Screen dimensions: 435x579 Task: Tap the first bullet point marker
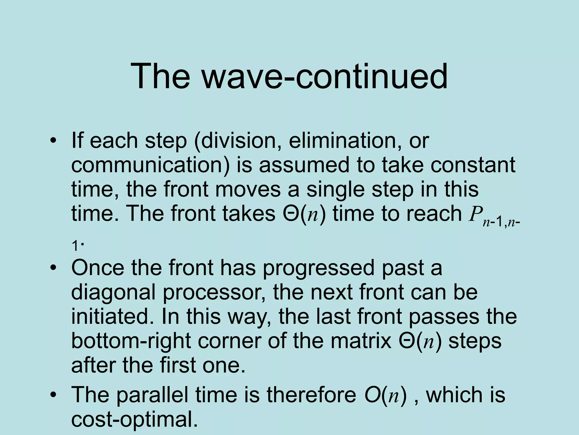[x=53, y=141]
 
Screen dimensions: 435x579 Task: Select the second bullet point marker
[x=53, y=268]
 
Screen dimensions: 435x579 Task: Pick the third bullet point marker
[x=53, y=395]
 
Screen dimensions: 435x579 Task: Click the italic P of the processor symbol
[x=474, y=214]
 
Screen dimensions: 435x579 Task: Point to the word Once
[x=98, y=268]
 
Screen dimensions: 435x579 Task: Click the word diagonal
[x=113, y=292]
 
